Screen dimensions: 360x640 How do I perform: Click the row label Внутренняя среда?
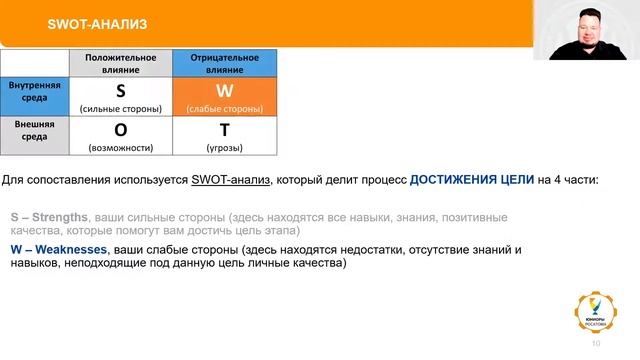[x=35, y=92]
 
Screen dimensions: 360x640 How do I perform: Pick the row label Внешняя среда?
[x=33, y=135]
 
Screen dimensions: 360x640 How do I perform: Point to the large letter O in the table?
[x=121, y=130]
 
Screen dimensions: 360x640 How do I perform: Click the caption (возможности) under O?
[x=121, y=148]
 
